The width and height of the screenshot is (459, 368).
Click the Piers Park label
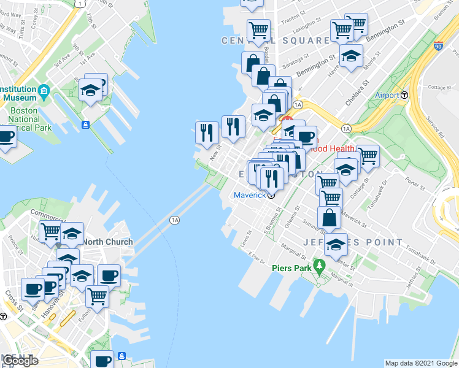tap(290, 268)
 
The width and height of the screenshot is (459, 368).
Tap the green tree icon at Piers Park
tap(318, 266)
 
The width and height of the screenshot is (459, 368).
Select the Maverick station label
tap(250, 195)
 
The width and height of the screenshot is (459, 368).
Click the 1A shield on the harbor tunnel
tap(175, 220)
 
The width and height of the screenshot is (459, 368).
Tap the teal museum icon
tap(44, 93)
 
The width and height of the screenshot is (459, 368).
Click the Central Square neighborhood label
tap(276, 40)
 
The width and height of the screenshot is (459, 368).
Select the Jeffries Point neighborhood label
tap(352, 242)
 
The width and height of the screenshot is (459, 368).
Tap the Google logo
tap(20, 360)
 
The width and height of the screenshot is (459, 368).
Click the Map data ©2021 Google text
tap(421, 363)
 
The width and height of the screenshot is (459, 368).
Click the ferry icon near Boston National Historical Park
tap(85, 125)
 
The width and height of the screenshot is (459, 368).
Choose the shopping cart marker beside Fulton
tap(97, 296)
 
